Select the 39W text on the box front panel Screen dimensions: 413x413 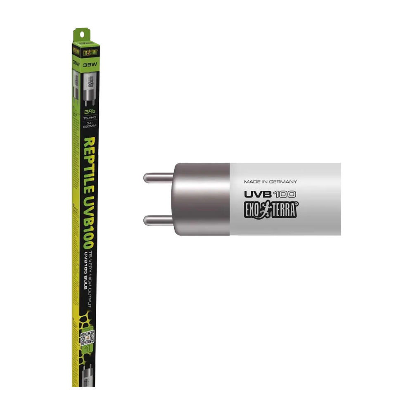(x=90, y=64)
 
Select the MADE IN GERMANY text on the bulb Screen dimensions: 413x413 (x=271, y=181)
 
